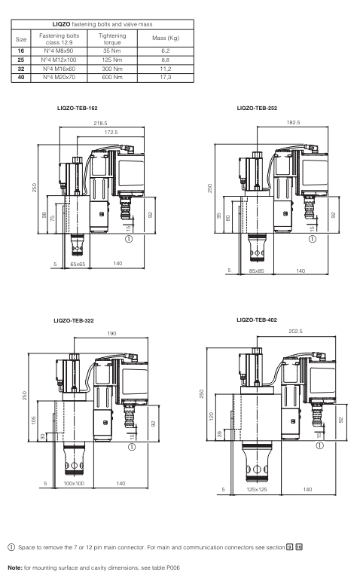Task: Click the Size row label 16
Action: click(21, 51)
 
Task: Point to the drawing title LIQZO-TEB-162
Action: click(77, 109)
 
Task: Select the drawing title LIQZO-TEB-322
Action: click(74, 321)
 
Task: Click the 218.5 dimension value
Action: click(100, 122)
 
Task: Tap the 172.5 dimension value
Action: click(111, 132)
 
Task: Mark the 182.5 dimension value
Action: click(293, 122)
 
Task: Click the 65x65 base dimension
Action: click(78, 265)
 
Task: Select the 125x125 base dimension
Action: click(258, 490)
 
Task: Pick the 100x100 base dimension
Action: click(74, 482)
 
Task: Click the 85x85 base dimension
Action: click(257, 271)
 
